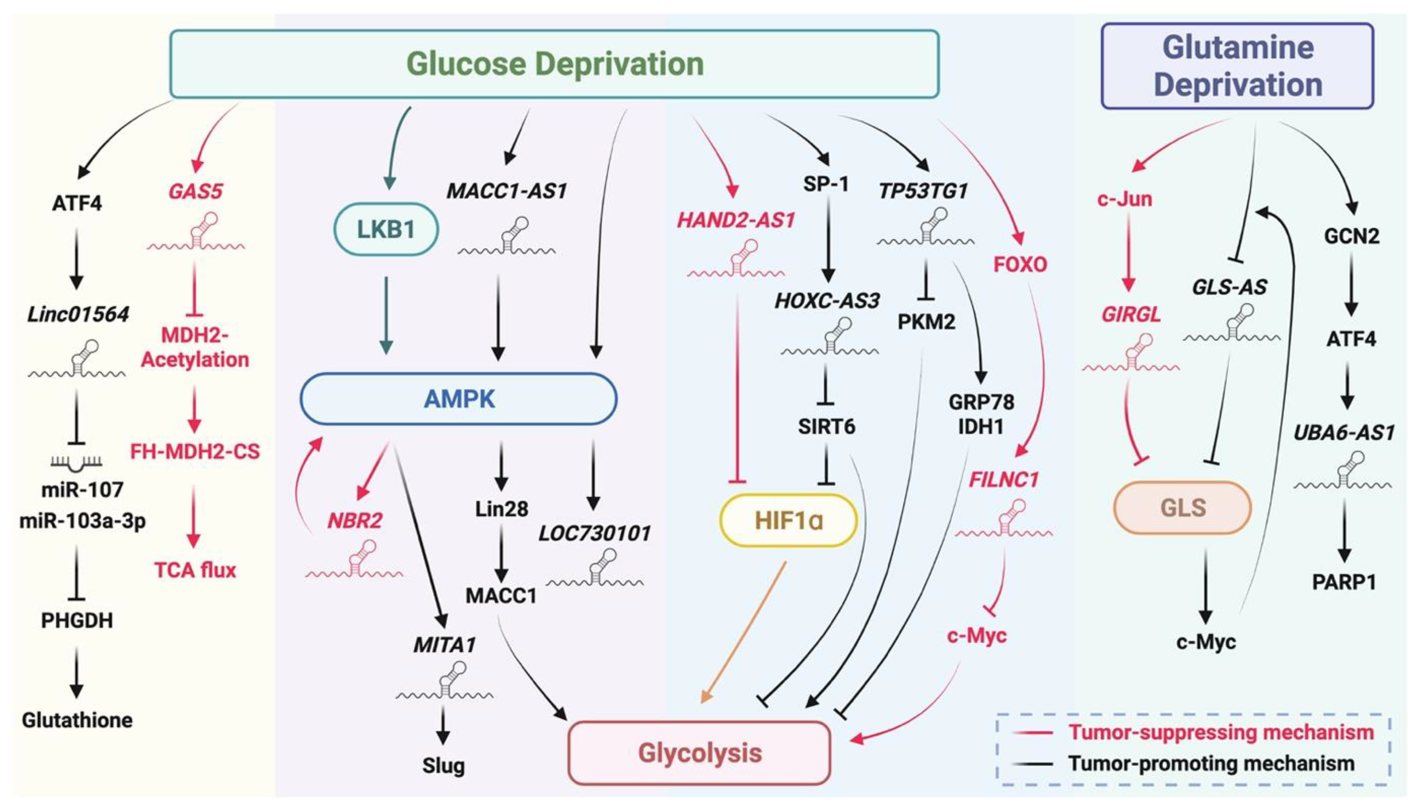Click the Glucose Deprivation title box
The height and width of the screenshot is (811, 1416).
pos(554,64)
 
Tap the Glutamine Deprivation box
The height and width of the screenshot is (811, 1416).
pos(1238,66)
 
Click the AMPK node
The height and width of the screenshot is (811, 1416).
pos(459,399)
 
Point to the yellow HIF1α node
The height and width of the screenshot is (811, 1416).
pos(788,520)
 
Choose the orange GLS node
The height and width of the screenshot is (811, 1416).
pos(1182,508)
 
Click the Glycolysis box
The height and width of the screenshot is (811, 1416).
pos(699,753)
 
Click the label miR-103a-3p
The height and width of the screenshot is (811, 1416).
pos(83,521)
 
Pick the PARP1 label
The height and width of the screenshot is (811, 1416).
pos(1343,582)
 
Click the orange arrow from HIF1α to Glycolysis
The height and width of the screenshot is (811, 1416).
pos(744,632)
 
